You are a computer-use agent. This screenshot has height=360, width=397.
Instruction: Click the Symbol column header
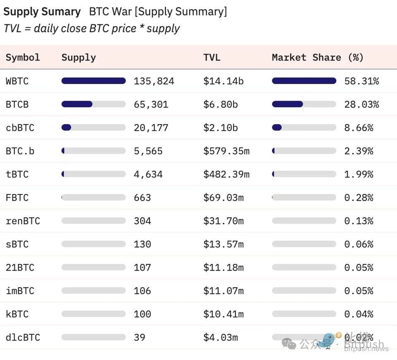click(x=23, y=58)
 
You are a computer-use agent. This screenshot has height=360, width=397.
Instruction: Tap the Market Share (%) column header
click(x=318, y=58)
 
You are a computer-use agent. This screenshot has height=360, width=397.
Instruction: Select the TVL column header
click(x=212, y=58)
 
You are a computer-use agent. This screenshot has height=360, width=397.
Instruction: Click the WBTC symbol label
click(x=17, y=81)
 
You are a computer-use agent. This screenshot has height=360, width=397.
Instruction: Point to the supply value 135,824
click(x=154, y=81)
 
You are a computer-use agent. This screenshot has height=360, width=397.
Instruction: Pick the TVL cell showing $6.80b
click(x=220, y=104)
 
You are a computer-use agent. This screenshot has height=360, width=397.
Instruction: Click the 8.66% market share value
click(x=359, y=127)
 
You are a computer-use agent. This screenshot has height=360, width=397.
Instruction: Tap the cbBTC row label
click(x=20, y=127)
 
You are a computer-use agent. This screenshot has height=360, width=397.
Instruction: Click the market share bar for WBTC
click(x=304, y=81)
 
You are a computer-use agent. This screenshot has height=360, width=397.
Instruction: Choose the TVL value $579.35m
click(x=226, y=151)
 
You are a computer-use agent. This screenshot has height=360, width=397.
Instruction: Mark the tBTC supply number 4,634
click(x=148, y=174)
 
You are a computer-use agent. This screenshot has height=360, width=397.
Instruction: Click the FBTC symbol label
click(x=17, y=198)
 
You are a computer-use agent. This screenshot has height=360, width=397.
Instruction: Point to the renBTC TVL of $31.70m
click(x=223, y=221)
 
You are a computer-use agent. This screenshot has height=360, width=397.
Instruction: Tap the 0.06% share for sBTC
click(x=359, y=244)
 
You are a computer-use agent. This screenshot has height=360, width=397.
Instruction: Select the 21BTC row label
click(x=20, y=268)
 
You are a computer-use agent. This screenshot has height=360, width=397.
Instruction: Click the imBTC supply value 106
click(x=142, y=291)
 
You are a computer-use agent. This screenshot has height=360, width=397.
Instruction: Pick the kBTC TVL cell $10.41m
click(x=223, y=314)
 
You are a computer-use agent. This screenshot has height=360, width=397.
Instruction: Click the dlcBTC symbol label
click(x=23, y=338)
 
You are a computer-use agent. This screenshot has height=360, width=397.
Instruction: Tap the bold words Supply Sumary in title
click(x=42, y=12)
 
